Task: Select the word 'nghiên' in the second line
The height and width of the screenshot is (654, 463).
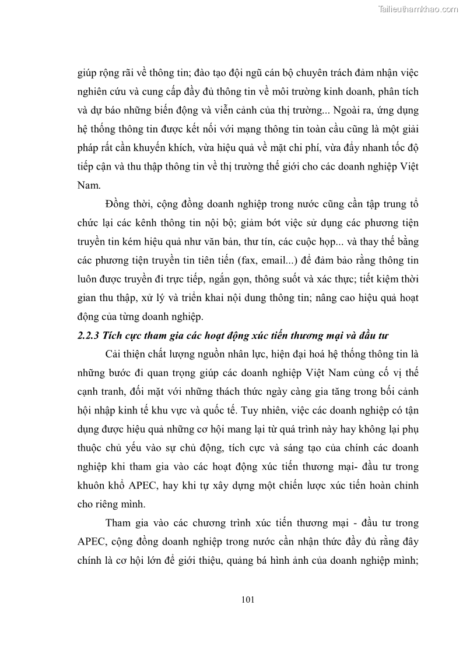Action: pos(94,92)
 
